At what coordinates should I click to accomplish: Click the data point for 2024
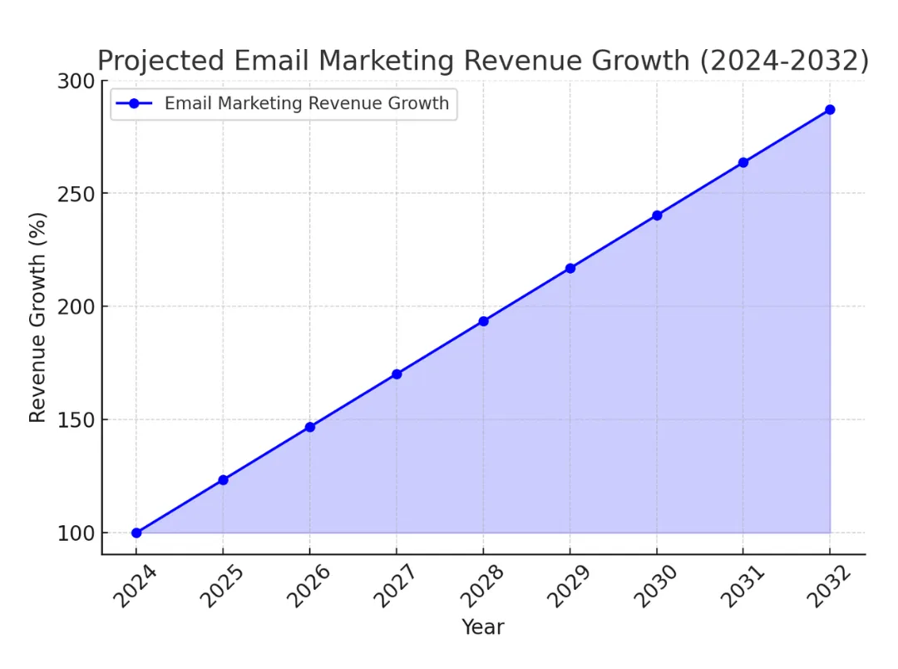click(x=136, y=533)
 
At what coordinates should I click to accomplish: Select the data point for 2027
click(x=397, y=374)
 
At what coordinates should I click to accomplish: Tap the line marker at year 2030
click(x=657, y=216)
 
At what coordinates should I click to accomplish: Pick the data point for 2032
click(x=830, y=110)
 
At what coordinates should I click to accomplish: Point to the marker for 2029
click(x=570, y=268)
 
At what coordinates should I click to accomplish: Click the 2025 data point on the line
click(x=223, y=480)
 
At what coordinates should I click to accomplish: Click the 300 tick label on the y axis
click(x=76, y=81)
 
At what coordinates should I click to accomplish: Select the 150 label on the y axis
click(x=76, y=419)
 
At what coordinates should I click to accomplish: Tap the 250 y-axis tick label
click(x=76, y=193)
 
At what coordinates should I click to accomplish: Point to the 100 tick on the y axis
click(x=76, y=533)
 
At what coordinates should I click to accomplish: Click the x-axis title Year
click(x=483, y=627)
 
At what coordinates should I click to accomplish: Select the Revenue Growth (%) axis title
click(x=38, y=316)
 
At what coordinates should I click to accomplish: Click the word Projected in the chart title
click(x=160, y=61)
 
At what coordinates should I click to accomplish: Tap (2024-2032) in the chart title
click(x=783, y=61)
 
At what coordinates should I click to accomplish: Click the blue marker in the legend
click(x=134, y=104)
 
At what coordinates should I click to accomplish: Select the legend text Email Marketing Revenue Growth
click(x=307, y=104)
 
